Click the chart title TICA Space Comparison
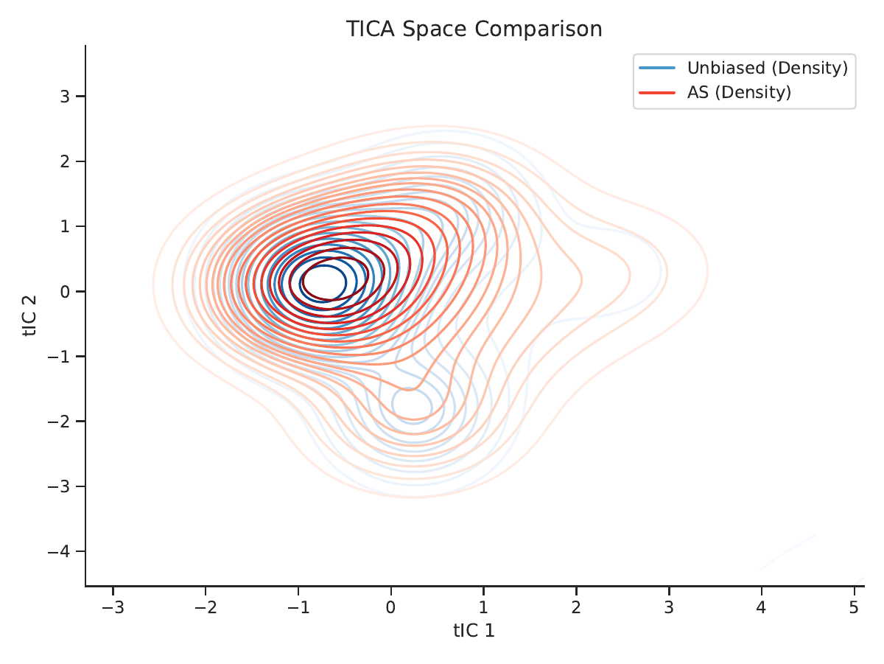coord(474,29)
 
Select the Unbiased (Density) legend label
coord(767,68)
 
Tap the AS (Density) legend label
coord(739,93)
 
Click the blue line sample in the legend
coord(657,68)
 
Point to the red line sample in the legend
coord(657,93)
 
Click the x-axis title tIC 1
coord(474,631)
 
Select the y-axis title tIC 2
coord(29,316)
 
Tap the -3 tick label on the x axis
coord(113,607)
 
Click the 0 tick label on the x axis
coord(390,607)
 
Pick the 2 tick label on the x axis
coord(576,607)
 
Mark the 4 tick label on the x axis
coord(761,607)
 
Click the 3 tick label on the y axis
coord(65,97)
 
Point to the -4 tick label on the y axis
coord(59,551)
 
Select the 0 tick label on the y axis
coord(65,291)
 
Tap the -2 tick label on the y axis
coord(59,422)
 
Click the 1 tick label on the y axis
coord(65,226)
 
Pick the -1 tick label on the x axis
coord(298,607)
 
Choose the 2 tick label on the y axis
coord(65,161)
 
